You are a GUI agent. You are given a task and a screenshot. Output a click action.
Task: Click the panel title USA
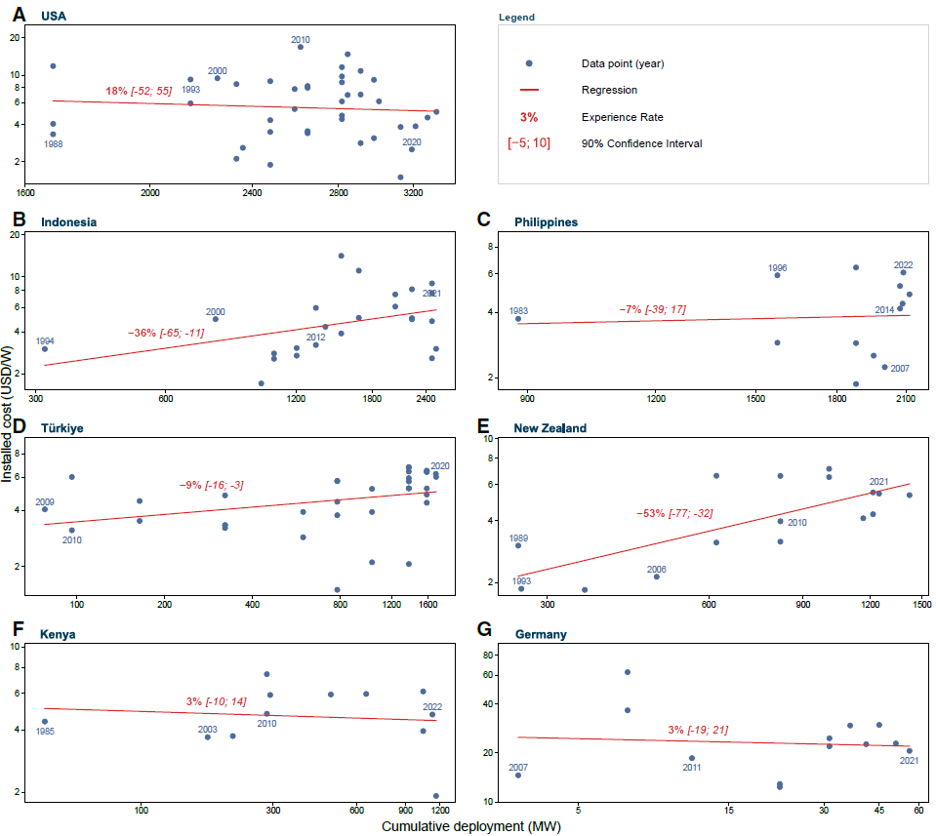pyautogui.click(x=54, y=17)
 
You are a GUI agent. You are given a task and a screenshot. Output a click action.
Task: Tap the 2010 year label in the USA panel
pyautogui.click(x=301, y=39)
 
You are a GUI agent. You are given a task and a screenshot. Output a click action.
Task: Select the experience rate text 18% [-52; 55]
pyautogui.click(x=139, y=91)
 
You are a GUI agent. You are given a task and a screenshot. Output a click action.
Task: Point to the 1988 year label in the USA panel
pyautogui.click(x=53, y=143)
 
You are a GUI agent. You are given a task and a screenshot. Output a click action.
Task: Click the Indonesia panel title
pyautogui.click(x=68, y=222)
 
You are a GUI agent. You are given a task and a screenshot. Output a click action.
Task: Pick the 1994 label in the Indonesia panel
pyautogui.click(x=45, y=341)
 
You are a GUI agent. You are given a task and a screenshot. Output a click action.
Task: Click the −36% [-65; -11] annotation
pyautogui.click(x=166, y=333)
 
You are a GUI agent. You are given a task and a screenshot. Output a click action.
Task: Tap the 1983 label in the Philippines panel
pyautogui.click(x=518, y=311)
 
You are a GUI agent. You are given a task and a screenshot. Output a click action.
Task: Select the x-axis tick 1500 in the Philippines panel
pyautogui.click(x=755, y=399)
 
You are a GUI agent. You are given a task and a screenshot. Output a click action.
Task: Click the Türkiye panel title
pyautogui.click(x=62, y=428)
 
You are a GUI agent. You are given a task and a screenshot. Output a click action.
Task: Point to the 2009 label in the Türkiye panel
pyautogui.click(x=45, y=501)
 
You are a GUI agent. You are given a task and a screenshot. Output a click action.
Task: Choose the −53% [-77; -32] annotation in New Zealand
pyautogui.click(x=674, y=513)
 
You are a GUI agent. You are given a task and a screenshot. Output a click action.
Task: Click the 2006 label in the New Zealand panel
pyautogui.click(x=656, y=570)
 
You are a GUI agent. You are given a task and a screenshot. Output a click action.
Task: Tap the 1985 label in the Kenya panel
pyautogui.click(x=45, y=731)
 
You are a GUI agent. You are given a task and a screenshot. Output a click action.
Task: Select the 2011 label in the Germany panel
pyautogui.click(x=691, y=768)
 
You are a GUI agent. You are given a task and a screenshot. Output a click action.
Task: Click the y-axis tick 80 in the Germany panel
pyautogui.click(x=488, y=656)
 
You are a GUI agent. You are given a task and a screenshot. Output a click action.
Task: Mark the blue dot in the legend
pyautogui.click(x=528, y=63)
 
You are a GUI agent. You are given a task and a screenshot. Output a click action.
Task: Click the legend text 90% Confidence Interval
pyautogui.click(x=641, y=143)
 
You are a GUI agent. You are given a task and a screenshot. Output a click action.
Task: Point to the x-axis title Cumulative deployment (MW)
pyautogui.click(x=471, y=826)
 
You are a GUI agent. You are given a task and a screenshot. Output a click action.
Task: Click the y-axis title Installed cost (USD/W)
pyautogui.click(x=7, y=414)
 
